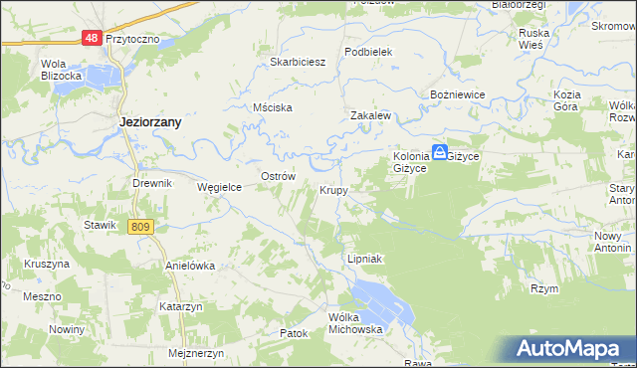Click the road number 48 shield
[91, 38]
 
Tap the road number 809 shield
[140, 227]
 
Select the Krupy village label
[333, 189]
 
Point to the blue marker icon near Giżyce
[439, 153]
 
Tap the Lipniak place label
[364, 258]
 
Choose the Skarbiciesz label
[299, 61]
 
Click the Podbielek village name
[369, 52]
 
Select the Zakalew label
[369, 115]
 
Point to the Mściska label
[272, 107]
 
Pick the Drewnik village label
[153, 184]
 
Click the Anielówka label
[190, 267]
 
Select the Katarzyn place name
[180, 307]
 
